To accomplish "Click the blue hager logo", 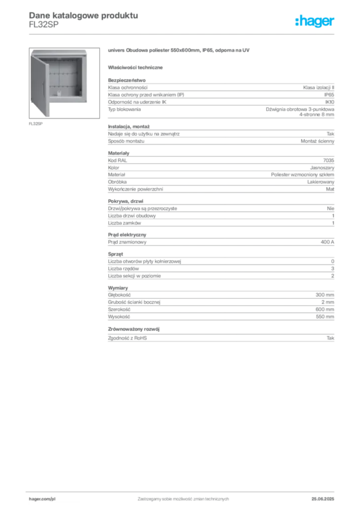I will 315,21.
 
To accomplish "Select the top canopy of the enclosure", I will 60,52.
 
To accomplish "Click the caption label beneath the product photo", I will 35,124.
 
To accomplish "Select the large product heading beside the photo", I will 178,51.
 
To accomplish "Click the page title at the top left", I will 82,15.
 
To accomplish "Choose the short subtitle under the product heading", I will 137,68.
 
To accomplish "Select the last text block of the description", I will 220,336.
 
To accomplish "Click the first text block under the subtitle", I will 220,98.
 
